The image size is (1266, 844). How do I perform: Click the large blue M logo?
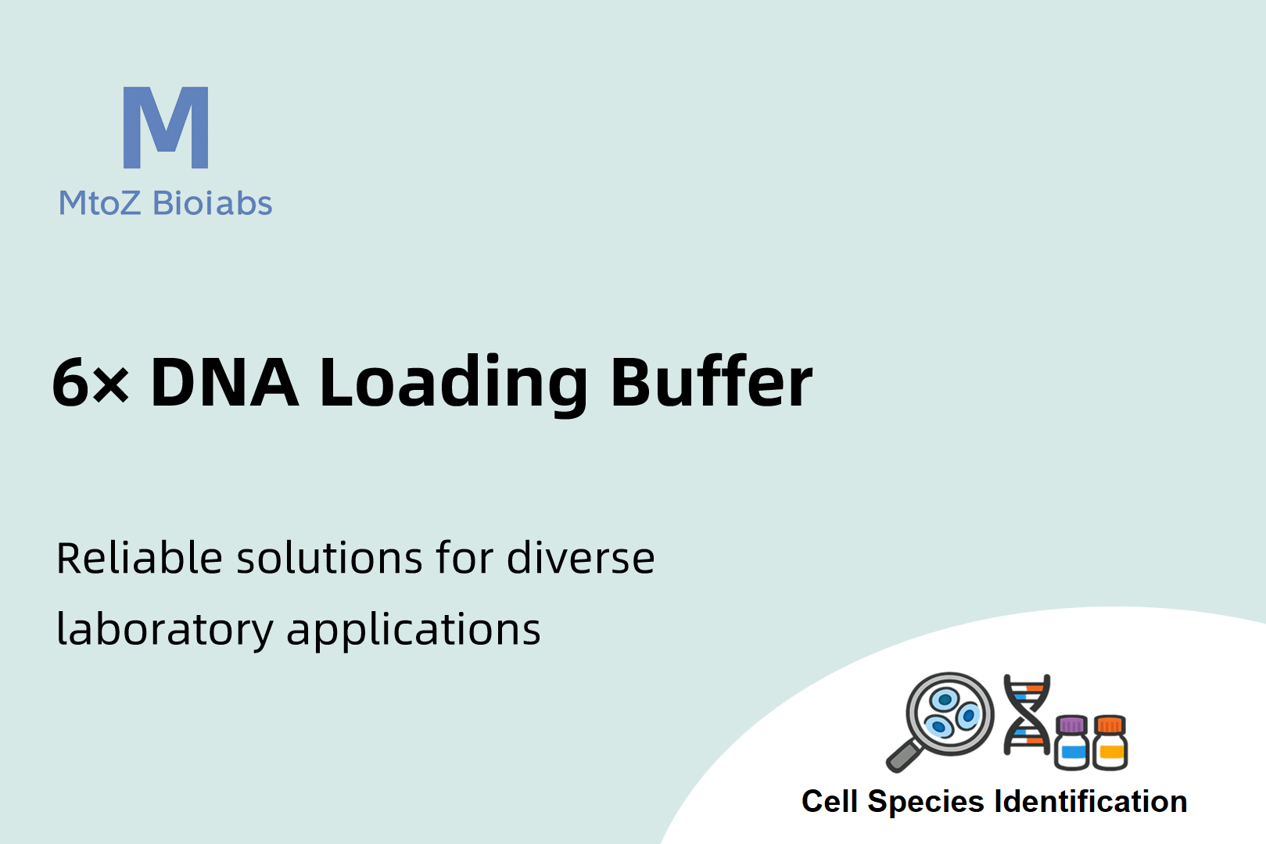pos(166,127)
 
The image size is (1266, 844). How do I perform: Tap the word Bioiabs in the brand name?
pos(213,202)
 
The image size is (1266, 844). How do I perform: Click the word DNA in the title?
pos(224,382)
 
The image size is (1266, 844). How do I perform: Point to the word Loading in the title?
pos(454,384)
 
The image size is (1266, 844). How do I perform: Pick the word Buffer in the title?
pos(712,381)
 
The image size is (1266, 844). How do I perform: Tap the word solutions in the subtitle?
pos(329,558)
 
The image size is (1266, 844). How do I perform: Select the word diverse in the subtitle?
pos(581,558)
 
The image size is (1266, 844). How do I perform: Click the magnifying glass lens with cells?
pos(949,714)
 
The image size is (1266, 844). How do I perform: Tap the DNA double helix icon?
pos(1027,714)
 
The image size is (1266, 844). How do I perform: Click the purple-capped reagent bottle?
pos(1072,742)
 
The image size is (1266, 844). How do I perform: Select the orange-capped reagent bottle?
pos(1110,742)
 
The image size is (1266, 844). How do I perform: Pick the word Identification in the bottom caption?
pos(1091,802)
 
